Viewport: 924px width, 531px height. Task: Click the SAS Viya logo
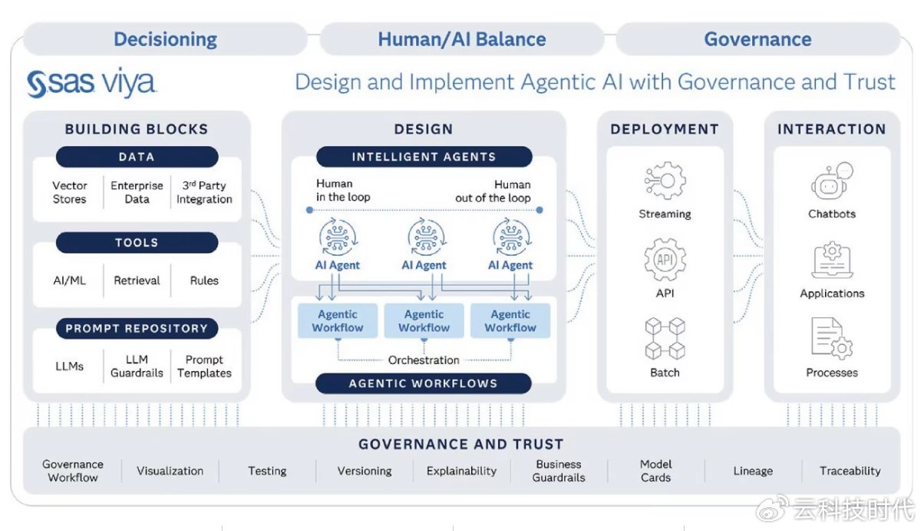click(x=91, y=82)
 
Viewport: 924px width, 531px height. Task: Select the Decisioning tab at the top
click(x=166, y=39)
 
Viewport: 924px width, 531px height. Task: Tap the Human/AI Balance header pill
click(x=462, y=39)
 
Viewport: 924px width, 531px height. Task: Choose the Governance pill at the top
click(x=757, y=39)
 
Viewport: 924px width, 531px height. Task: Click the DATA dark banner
click(x=137, y=157)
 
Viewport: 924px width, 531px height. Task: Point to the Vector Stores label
click(x=69, y=192)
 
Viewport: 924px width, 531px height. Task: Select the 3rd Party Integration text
click(x=204, y=192)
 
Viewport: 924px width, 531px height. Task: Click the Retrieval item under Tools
click(x=137, y=280)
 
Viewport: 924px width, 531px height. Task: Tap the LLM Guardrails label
click(x=137, y=367)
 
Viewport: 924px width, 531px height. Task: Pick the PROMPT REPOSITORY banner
click(x=137, y=328)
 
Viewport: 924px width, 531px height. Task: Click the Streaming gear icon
click(x=665, y=181)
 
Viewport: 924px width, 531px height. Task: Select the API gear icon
click(x=665, y=260)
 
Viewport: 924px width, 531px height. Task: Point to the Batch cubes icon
click(x=665, y=339)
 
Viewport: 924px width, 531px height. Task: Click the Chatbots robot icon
click(x=832, y=181)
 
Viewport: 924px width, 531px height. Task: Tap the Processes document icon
click(x=832, y=339)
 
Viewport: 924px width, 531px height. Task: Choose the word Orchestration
click(x=424, y=360)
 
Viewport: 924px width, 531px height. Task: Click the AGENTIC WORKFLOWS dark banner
click(x=424, y=383)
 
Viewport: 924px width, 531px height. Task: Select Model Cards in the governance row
click(x=655, y=471)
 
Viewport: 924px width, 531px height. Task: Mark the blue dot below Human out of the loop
click(x=540, y=210)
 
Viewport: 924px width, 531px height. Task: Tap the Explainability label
click(x=461, y=471)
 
